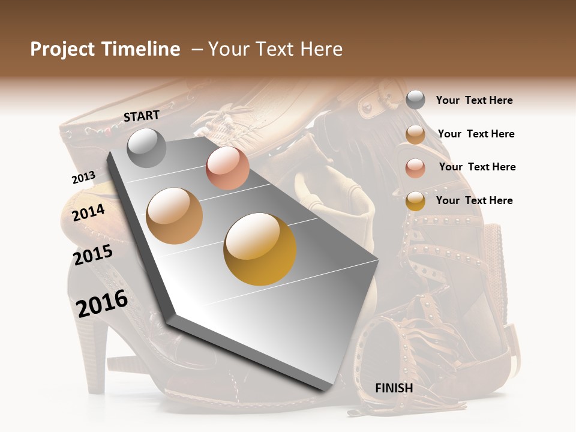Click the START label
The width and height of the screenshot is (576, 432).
pyautogui.click(x=142, y=116)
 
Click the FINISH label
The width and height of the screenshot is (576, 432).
pyautogui.click(x=394, y=388)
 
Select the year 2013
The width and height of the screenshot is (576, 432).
pyautogui.click(x=83, y=177)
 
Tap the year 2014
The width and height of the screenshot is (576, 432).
pyautogui.click(x=88, y=212)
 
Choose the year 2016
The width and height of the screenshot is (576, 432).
pyautogui.click(x=102, y=303)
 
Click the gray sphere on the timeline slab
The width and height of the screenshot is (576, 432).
pyautogui.click(x=146, y=148)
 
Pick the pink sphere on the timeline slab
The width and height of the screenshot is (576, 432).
pyautogui.click(x=227, y=168)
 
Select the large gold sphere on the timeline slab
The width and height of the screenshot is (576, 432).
pyautogui.click(x=260, y=249)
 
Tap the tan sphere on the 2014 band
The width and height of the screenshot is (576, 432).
pyautogui.click(x=175, y=216)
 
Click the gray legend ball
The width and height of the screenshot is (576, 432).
pyautogui.click(x=415, y=100)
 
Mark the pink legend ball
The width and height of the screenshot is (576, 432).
pyautogui.click(x=415, y=168)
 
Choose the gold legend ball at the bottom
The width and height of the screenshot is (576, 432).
pyautogui.click(x=415, y=201)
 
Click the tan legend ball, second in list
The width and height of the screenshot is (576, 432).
pyautogui.click(x=415, y=134)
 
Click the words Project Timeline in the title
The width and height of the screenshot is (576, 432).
pyautogui.click(x=105, y=49)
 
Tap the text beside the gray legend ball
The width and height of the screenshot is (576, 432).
pyautogui.click(x=474, y=100)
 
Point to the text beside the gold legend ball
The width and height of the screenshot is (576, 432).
pyautogui.click(x=474, y=200)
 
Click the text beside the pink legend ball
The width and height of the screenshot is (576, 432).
pyautogui.click(x=477, y=167)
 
